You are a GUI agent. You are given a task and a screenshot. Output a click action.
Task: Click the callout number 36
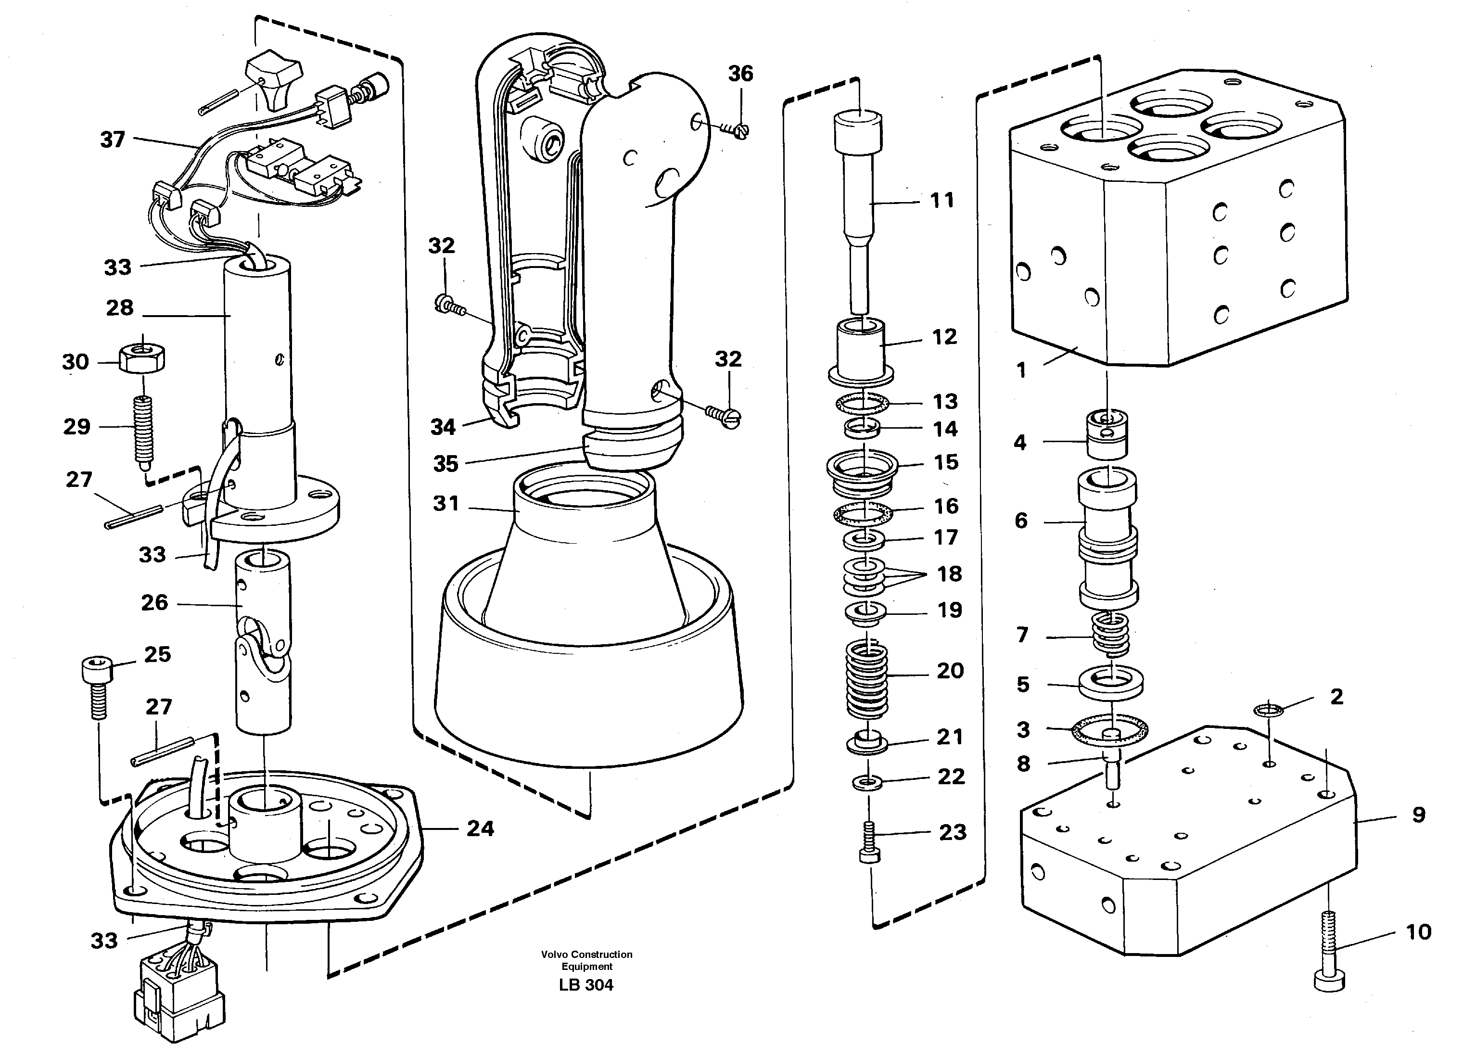(740, 74)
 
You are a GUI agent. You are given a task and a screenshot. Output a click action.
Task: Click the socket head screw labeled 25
(97, 685)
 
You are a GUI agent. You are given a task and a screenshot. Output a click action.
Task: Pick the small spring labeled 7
(1110, 634)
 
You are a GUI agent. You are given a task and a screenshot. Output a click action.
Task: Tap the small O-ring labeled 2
(1269, 710)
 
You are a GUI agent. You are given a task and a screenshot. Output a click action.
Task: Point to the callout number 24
(480, 828)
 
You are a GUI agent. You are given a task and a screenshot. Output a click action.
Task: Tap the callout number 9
(1418, 815)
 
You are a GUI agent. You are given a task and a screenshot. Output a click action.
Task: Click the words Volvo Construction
(586, 954)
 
